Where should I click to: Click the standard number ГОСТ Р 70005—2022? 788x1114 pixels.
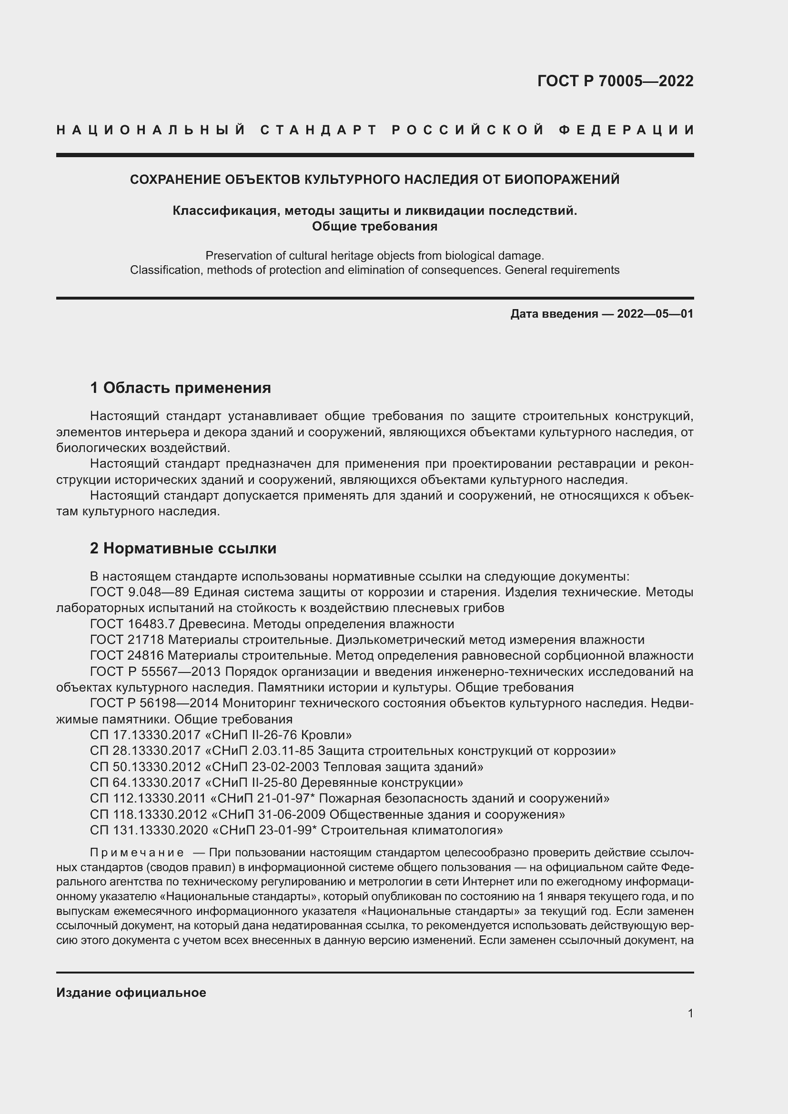(x=615, y=81)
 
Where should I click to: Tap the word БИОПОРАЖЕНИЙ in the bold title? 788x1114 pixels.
(x=562, y=180)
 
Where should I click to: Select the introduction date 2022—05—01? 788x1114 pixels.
(x=655, y=314)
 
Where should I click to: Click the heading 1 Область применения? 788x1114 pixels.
(x=180, y=388)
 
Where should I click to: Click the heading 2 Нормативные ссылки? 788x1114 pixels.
(x=183, y=548)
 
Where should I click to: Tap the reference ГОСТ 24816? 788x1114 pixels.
(x=127, y=656)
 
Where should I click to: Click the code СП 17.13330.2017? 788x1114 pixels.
(x=145, y=735)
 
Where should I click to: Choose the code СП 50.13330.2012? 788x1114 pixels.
(x=145, y=767)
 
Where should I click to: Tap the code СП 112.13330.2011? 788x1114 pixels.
(x=148, y=798)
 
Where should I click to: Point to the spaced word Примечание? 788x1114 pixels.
(x=137, y=853)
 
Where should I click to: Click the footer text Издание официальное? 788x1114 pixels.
(x=131, y=993)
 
